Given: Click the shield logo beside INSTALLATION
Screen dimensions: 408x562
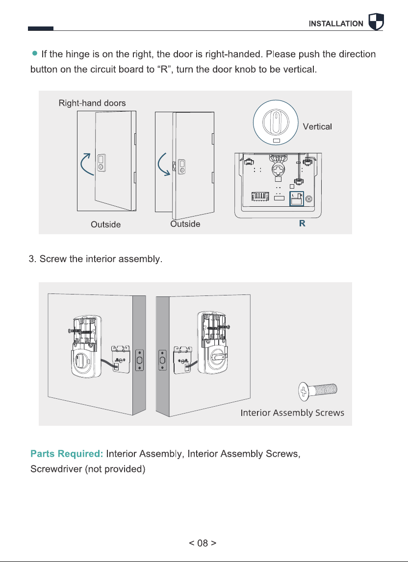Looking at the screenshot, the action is tap(376, 22).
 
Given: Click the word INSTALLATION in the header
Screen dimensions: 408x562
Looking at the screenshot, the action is tap(336, 24).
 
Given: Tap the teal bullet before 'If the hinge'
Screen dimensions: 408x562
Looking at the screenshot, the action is tap(34, 53).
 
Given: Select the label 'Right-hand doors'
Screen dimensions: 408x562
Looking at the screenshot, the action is tap(92, 103).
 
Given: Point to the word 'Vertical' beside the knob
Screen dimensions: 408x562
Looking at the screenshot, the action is tap(317, 126).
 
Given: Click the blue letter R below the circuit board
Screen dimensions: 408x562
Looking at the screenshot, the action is tap(302, 223).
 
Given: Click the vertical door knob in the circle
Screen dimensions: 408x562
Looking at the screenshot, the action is tap(276, 122).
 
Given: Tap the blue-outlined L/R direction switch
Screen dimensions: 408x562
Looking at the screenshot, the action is tap(297, 199).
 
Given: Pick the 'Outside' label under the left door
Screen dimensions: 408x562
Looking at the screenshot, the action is tap(105, 224).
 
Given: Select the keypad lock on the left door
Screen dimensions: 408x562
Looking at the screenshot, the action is tap(101, 163).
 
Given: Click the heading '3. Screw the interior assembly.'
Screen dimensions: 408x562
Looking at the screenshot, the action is tap(96, 259).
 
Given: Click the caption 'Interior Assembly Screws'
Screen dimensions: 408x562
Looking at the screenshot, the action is tap(292, 413).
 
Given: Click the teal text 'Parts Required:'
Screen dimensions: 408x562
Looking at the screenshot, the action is tap(67, 454).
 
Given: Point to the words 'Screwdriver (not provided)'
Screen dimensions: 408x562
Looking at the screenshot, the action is tap(88, 469).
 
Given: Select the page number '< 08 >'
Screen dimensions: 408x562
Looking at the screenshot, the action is tap(203, 543).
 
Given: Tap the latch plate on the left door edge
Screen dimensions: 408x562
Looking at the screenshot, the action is tap(140, 360).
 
